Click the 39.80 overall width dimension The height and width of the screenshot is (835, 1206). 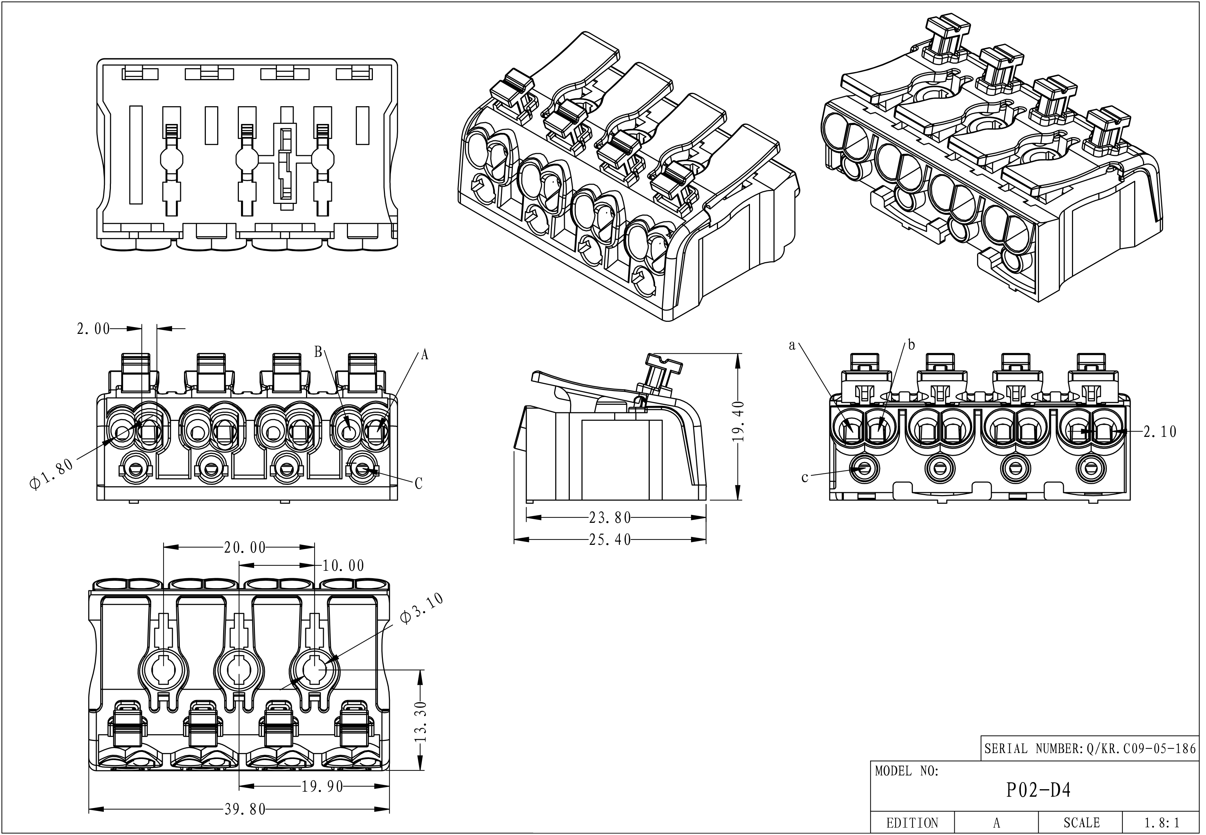245,809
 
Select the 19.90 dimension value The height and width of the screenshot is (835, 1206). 322,786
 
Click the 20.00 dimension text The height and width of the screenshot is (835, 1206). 245,548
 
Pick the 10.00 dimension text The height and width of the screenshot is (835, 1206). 343,565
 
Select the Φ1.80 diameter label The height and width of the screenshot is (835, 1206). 51,475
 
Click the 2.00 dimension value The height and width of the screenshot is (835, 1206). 93,329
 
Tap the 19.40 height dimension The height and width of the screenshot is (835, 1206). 738,422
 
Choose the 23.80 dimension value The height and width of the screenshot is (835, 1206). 610,518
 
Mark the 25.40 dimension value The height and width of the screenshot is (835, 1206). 610,540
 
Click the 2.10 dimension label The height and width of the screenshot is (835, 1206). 1159,432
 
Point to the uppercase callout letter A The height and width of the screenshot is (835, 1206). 424,355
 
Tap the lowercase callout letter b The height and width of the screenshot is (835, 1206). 911,345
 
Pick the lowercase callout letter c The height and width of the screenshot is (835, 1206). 804,478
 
